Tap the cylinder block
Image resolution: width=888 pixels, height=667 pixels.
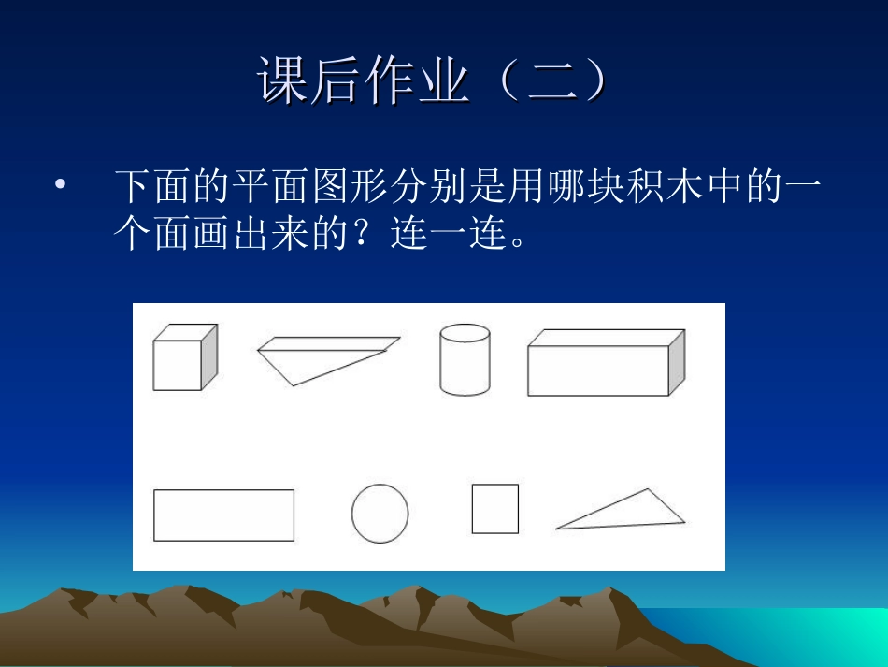pos(465,359)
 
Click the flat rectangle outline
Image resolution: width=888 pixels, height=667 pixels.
pos(223,515)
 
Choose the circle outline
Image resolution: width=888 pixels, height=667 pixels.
pos(380,514)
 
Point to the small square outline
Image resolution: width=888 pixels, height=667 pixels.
pos(494,509)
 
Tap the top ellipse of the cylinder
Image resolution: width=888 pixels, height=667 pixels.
pos(465,334)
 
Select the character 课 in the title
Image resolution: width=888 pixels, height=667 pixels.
pos(284,82)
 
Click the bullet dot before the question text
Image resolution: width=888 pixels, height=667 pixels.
pos(61,185)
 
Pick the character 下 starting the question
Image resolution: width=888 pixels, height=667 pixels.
pos(134,187)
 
